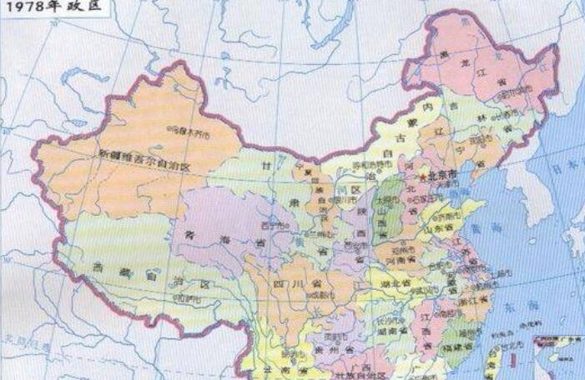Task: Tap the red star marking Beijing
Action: [x=423, y=177]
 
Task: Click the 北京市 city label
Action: [x=443, y=176]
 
